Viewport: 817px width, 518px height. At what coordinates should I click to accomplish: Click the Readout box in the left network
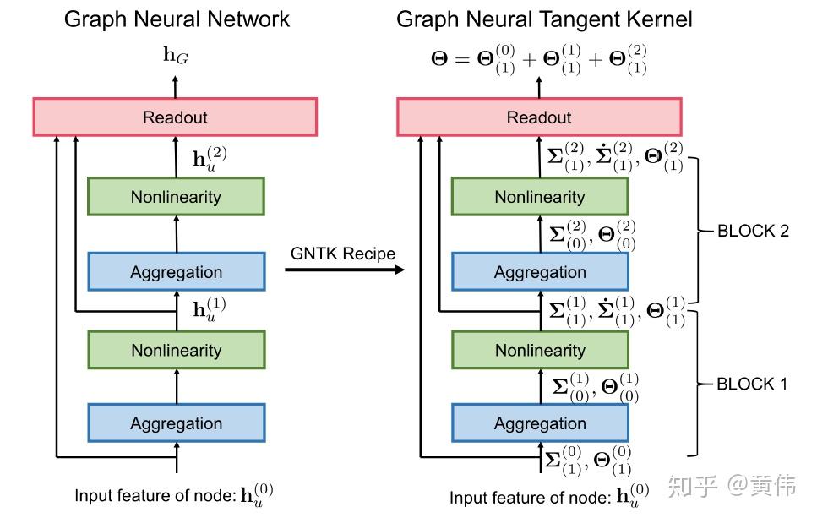[x=175, y=117]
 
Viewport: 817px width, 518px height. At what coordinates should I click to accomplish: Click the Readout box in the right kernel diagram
[x=539, y=117]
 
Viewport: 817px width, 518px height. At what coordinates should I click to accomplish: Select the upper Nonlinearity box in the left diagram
[x=176, y=197]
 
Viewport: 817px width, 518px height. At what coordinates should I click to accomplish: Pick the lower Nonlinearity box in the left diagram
[x=176, y=350]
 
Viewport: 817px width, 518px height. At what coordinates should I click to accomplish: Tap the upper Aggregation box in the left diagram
[x=176, y=272]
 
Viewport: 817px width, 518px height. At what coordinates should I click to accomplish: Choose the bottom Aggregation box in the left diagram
[x=176, y=423]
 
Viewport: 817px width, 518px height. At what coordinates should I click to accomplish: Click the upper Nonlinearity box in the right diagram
[x=540, y=197]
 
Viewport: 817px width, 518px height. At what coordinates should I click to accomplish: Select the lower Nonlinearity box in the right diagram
[x=540, y=350]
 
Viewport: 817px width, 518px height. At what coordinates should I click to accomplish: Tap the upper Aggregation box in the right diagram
[x=540, y=272]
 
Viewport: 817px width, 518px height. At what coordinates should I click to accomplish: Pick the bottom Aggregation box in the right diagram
[x=540, y=423]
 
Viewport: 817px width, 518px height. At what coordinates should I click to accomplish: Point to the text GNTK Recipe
[x=342, y=253]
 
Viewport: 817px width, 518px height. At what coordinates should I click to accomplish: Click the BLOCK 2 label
[x=753, y=230]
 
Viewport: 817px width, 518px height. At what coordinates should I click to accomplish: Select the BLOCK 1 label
[x=752, y=384]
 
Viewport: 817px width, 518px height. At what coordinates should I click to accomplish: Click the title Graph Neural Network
[x=177, y=19]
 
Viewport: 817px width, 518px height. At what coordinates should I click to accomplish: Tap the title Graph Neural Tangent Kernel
[x=545, y=19]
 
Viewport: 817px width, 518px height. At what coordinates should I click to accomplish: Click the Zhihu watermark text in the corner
[x=732, y=485]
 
